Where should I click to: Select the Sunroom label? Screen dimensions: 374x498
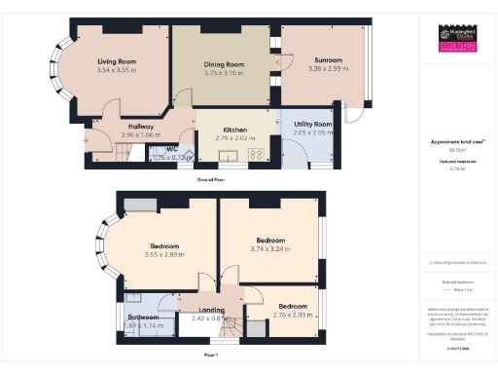tap(325, 60)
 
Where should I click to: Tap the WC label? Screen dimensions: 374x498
tap(172, 147)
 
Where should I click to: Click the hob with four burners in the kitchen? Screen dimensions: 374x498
tap(259, 154)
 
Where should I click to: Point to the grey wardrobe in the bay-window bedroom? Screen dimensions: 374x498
tap(138, 204)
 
